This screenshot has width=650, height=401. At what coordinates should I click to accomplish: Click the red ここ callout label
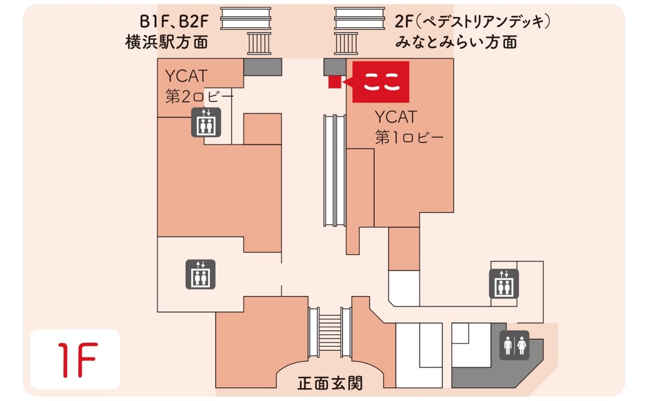tap(381, 82)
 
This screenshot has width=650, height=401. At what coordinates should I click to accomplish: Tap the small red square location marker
tap(334, 82)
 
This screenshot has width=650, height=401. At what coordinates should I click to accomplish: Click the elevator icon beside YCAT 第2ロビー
tap(206, 123)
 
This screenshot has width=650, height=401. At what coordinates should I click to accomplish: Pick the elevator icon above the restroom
tap(504, 284)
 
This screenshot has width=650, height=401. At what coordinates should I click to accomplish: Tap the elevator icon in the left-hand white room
tap(200, 275)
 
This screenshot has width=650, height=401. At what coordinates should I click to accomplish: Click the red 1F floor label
tap(75, 359)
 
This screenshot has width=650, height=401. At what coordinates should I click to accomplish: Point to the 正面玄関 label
tap(330, 383)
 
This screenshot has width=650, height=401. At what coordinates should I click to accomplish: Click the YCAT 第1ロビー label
tap(409, 127)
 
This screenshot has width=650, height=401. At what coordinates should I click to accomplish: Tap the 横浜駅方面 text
tap(167, 42)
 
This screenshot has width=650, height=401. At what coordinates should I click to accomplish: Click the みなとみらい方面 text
tap(456, 42)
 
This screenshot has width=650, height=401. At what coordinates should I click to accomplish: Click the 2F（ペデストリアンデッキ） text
tap(473, 21)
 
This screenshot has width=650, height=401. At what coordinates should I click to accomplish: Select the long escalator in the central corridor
tap(335, 171)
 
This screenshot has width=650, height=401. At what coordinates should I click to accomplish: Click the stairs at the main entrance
tap(330, 332)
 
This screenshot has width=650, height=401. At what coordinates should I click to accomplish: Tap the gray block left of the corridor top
tap(263, 67)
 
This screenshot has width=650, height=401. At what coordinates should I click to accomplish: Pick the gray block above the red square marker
tap(334, 66)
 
